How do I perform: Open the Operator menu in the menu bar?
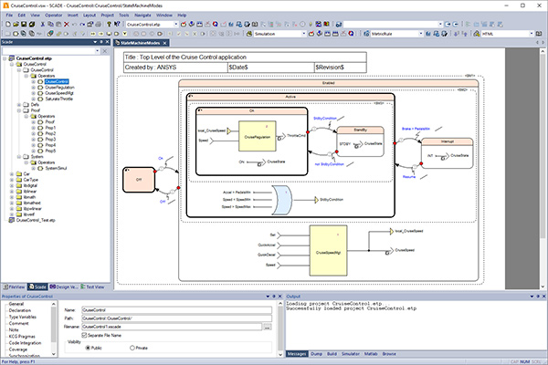click(55, 16)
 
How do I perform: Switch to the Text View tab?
click(95, 286)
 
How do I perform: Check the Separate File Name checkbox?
click(85, 335)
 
